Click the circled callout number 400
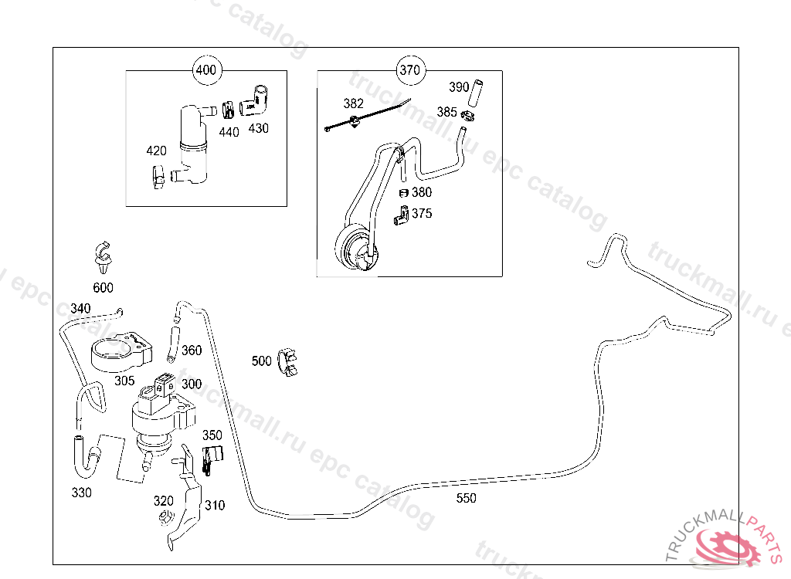[x=206, y=70]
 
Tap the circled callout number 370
[x=409, y=70]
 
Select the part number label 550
[x=466, y=498]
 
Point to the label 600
[x=103, y=288]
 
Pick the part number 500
[x=262, y=361]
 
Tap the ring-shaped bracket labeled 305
[x=117, y=354]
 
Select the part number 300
[x=192, y=384]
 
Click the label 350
[x=212, y=435]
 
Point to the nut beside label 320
[x=164, y=519]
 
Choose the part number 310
[x=215, y=506]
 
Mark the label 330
[x=81, y=493]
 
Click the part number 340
[x=80, y=309]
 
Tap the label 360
[x=191, y=350]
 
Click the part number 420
[x=157, y=151]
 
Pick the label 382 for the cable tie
[x=354, y=103]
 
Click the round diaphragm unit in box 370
[x=357, y=249]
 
